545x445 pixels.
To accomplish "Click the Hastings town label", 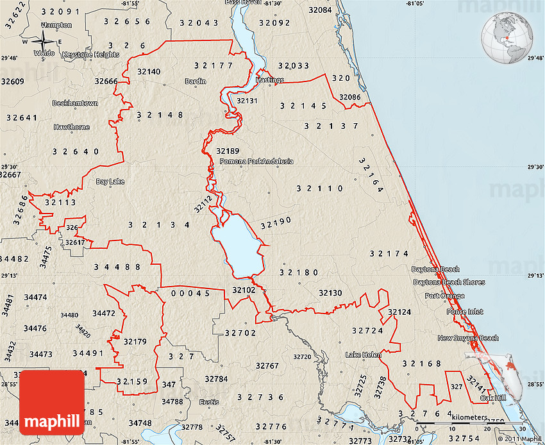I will (x=269, y=80).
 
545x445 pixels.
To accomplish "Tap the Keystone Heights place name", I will (x=90, y=55).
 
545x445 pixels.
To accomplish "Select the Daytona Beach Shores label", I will (x=449, y=282).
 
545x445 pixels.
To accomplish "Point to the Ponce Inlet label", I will (x=465, y=312).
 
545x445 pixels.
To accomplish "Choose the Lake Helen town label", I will (x=363, y=355).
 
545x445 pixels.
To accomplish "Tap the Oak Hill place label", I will (x=492, y=398).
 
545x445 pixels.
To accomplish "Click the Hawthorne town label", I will (x=72, y=127).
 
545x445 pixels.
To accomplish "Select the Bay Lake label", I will (x=110, y=181).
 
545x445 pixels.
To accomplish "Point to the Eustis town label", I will (x=209, y=402).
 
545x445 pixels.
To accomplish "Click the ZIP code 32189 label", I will (x=228, y=151).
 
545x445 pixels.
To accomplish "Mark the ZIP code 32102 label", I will (x=244, y=290).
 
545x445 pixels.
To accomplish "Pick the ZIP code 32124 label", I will (x=399, y=312).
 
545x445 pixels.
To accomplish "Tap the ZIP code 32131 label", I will (x=247, y=101).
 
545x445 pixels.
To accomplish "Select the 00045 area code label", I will (x=190, y=293).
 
